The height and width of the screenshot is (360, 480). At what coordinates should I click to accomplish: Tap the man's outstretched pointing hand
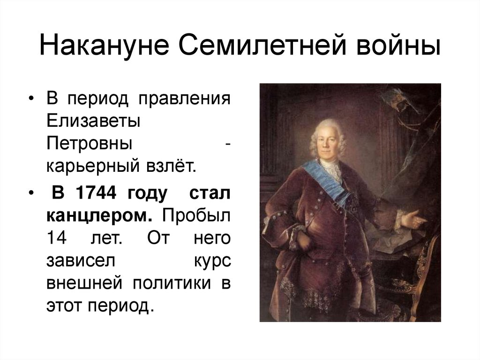(414, 219)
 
